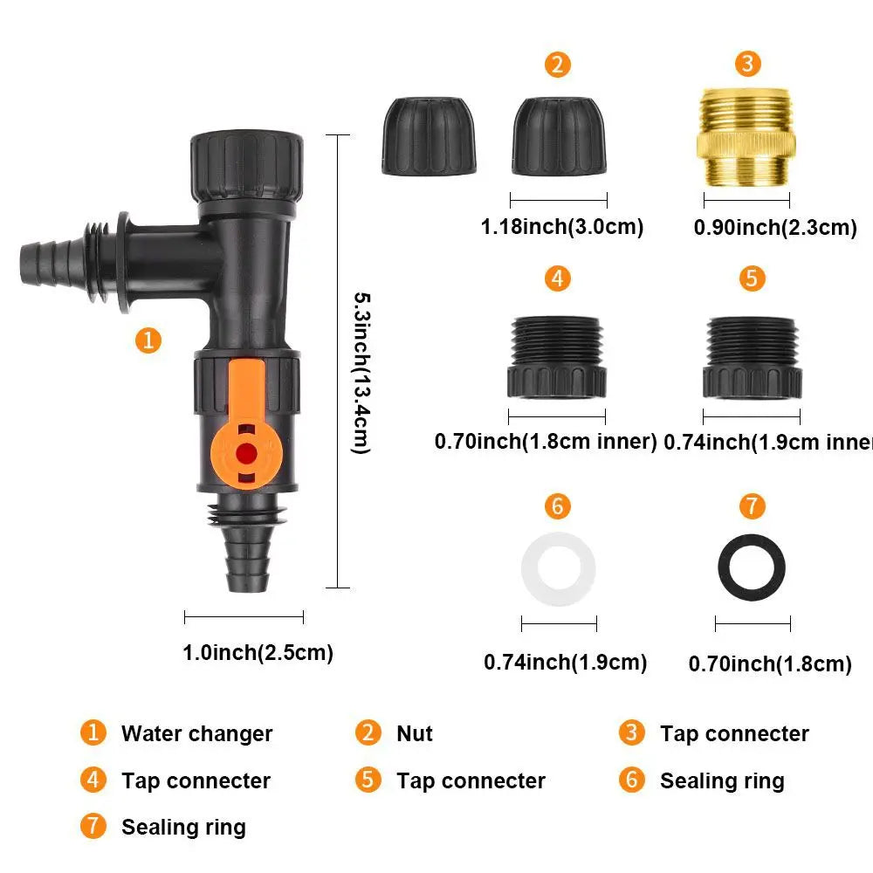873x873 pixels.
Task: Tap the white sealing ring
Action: (x=559, y=570)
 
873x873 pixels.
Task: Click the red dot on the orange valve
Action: (x=247, y=453)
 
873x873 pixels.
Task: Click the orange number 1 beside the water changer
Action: (x=149, y=340)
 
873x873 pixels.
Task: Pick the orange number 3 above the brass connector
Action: (x=747, y=64)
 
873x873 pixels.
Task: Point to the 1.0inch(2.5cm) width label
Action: (x=258, y=652)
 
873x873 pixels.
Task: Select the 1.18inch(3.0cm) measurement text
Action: (x=561, y=227)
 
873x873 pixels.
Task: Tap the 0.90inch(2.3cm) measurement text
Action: (x=774, y=228)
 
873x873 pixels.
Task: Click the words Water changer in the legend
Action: (x=196, y=734)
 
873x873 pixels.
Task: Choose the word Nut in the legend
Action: (x=414, y=734)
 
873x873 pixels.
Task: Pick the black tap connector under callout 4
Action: (x=557, y=357)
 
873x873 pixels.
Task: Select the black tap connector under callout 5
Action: (x=752, y=357)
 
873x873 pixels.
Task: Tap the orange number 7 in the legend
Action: (x=93, y=826)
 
